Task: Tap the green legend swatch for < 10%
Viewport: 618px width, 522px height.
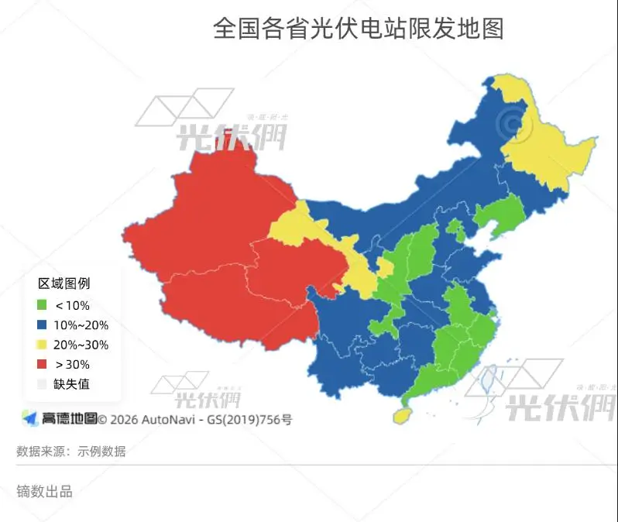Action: pyautogui.click(x=42, y=305)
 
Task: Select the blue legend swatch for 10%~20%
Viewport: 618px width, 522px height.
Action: pyautogui.click(x=42, y=325)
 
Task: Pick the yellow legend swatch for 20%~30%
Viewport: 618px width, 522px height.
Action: pyautogui.click(x=42, y=345)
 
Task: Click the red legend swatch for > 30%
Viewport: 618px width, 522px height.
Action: pyautogui.click(x=42, y=364)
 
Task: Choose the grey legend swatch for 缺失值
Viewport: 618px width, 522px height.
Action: pyautogui.click(x=42, y=383)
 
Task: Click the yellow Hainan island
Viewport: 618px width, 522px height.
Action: pyautogui.click(x=402, y=415)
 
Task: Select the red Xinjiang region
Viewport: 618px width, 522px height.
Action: pyautogui.click(x=209, y=209)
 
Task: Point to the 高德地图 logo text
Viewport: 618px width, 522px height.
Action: pyautogui.click(x=69, y=419)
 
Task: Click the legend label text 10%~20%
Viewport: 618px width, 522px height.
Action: pyautogui.click(x=81, y=325)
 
